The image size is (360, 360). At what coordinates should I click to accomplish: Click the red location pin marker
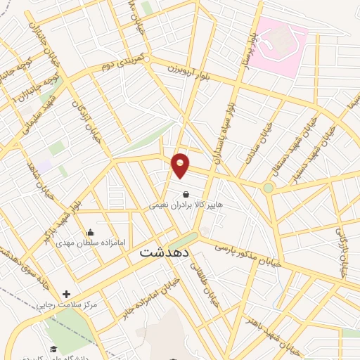181,165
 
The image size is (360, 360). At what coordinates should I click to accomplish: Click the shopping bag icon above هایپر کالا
185,195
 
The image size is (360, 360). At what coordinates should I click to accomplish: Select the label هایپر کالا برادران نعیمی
185,206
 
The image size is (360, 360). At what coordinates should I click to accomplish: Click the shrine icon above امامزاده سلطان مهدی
90,232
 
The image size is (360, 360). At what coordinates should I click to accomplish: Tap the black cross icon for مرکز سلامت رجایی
67,294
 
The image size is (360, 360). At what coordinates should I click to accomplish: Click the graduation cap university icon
53,348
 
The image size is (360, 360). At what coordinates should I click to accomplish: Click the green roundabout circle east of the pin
268,188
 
